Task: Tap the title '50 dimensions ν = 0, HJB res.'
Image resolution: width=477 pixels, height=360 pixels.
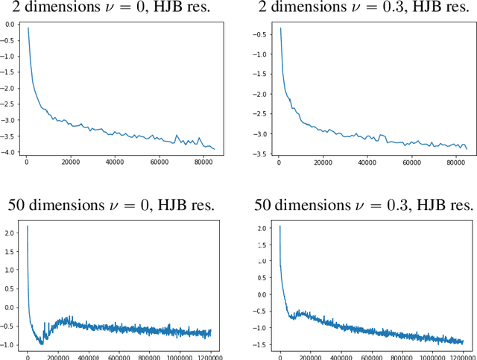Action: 112,204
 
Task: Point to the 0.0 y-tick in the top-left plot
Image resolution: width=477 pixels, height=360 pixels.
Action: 10,25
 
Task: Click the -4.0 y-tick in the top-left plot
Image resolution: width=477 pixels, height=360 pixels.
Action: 9,152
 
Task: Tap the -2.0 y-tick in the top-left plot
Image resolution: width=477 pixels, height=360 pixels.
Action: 9,88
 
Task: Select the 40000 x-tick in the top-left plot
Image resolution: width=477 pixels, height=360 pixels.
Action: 114,162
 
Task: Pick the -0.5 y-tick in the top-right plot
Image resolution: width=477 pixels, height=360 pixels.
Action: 262,34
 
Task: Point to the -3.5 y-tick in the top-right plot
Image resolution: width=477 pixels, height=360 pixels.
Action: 262,154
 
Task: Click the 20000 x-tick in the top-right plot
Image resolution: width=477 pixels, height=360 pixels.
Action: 323,162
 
